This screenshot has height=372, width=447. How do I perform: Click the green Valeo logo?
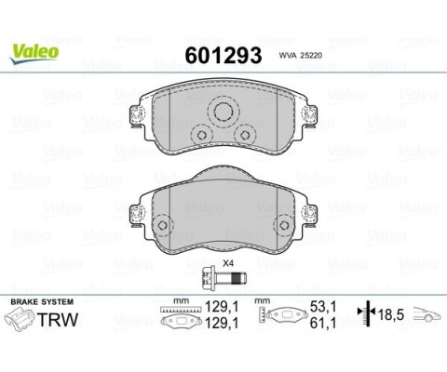[x=34, y=53]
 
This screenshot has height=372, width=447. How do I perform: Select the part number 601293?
[x=223, y=56]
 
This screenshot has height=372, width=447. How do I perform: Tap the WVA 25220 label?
[x=301, y=56]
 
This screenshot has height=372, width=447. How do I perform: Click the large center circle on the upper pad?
[x=223, y=112]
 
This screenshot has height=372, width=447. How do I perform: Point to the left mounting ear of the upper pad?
[x=137, y=116]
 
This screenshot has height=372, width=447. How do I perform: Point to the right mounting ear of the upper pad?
[x=309, y=116]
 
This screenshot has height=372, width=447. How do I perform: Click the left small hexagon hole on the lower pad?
[x=162, y=225]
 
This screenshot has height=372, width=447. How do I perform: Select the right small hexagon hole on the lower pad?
[x=284, y=225]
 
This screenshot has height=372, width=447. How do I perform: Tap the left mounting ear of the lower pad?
[x=137, y=215]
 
